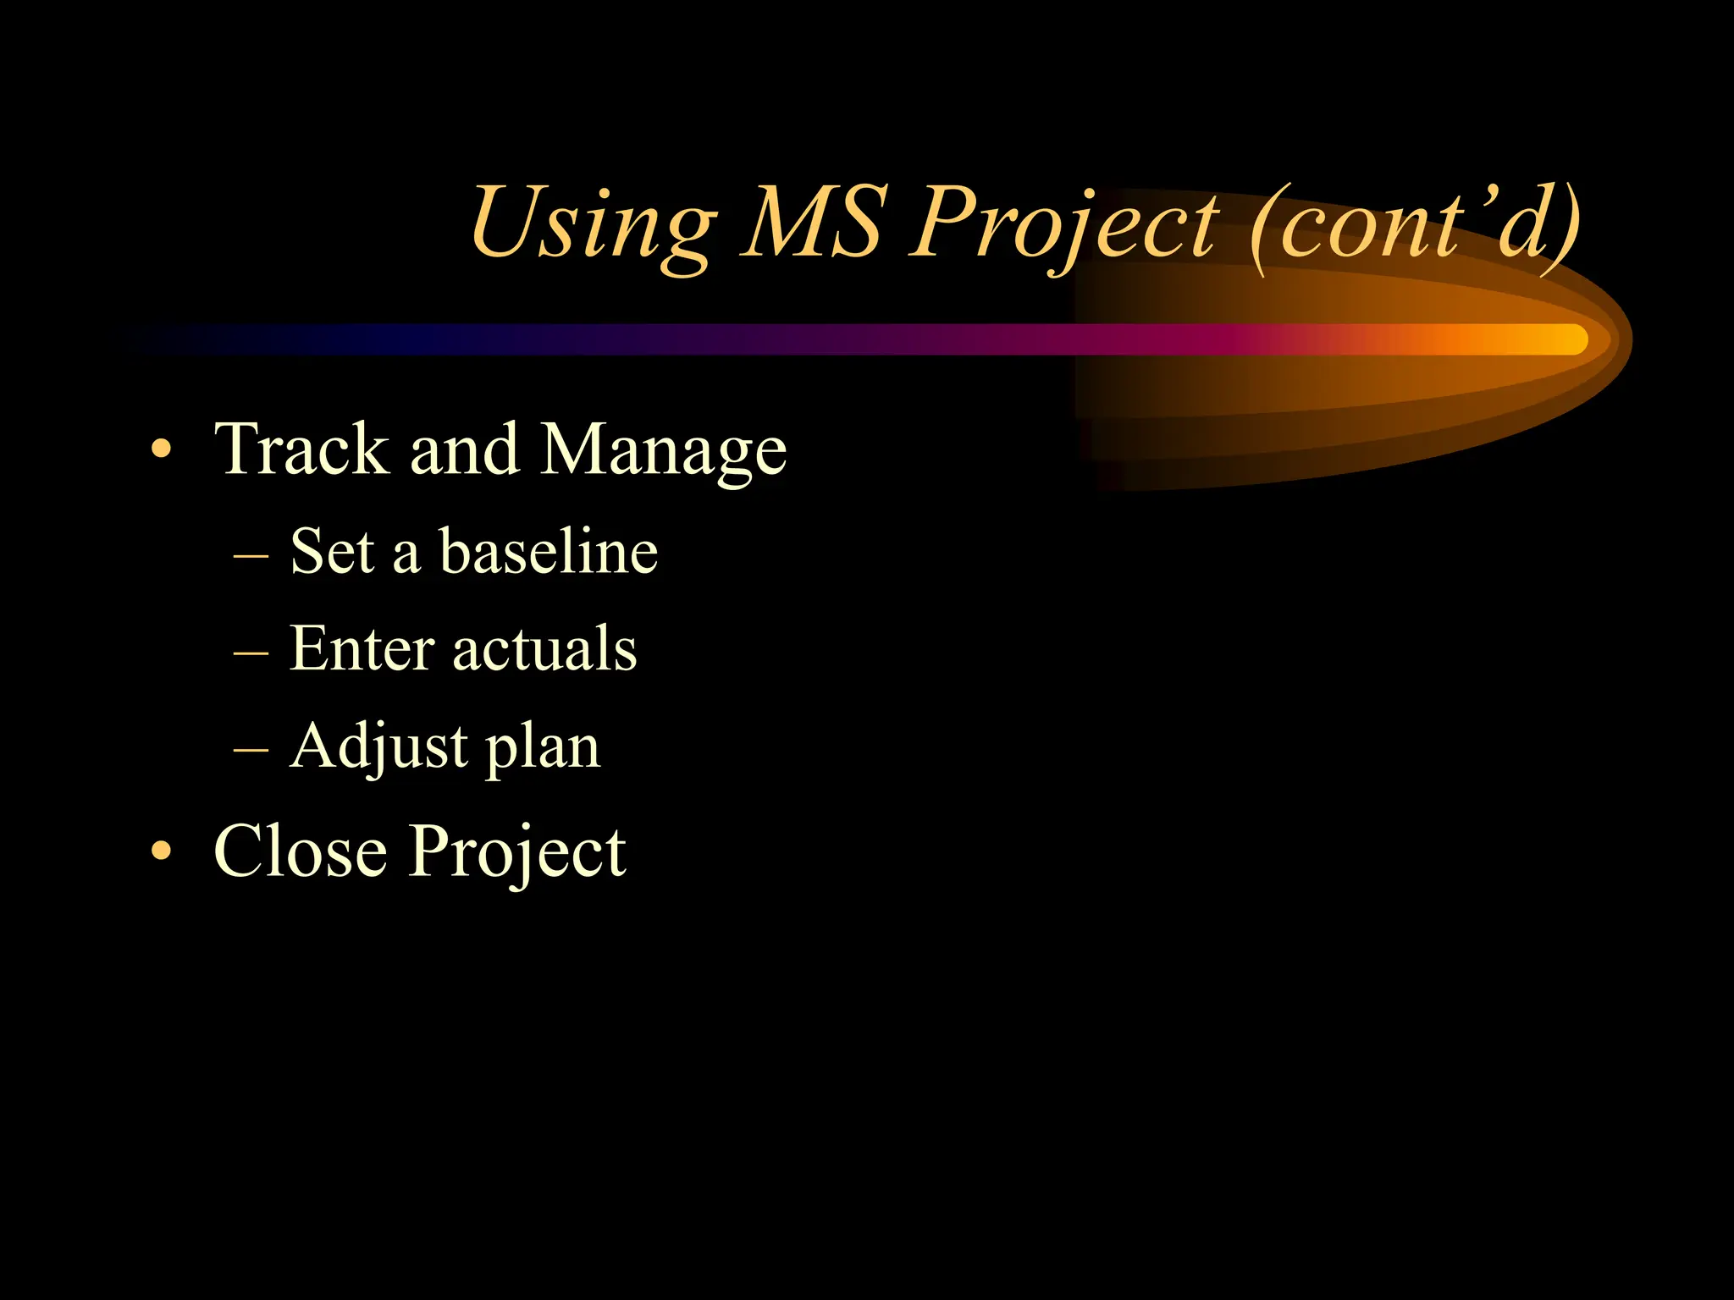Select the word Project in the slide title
click(x=1063, y=224)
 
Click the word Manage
click(x=664, y=451)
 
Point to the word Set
click(x=332, y=551)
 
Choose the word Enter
click(x=362, y=648)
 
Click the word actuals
click(x=544, y=648)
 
